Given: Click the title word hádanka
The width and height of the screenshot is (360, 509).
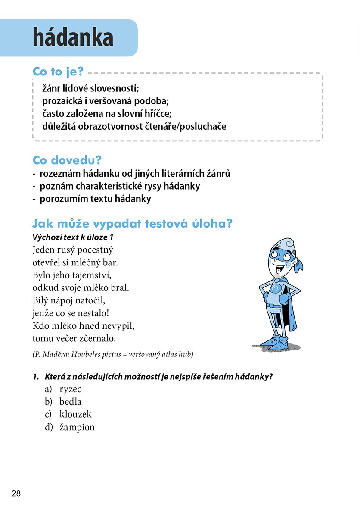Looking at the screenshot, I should tap(73, 38).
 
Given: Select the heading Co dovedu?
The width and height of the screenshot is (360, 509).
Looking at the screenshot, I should tap(67, 160).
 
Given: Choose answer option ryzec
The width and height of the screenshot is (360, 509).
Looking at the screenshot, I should tap(71, 390).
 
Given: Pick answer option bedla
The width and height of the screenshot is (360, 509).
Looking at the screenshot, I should tap(71, 402).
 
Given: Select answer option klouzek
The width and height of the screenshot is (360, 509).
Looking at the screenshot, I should tap(75, 415).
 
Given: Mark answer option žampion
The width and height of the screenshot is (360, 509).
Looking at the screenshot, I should tap(77, 427).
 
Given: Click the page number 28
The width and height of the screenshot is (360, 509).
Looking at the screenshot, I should tap(16, 493).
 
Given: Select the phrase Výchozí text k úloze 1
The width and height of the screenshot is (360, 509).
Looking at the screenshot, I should tap(73, 237).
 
